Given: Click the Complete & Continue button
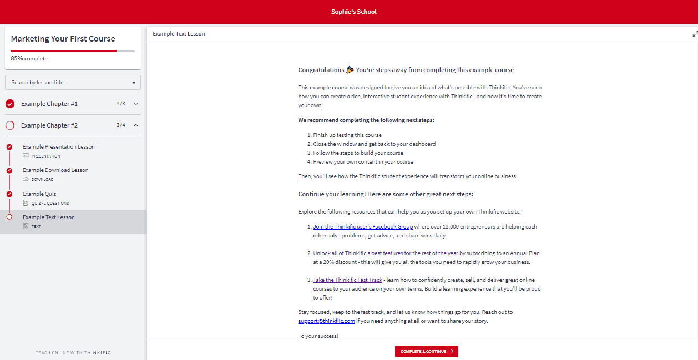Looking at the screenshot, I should point(426,351).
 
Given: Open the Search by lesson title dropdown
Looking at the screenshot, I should point(73,83).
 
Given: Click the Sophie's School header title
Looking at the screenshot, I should point(353,12).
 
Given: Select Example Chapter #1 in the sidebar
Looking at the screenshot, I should point(49,104).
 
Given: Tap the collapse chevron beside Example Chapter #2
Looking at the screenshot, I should point(136,125).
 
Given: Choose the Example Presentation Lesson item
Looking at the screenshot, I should point(59,147).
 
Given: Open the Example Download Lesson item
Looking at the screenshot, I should point(55,170).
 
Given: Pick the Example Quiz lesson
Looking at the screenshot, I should point(39,194).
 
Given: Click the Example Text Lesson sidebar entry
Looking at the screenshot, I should point(49,217).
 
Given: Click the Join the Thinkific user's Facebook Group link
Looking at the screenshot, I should point(363,227).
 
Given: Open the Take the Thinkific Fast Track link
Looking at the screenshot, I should point(347,280).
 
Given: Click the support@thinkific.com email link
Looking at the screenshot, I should point(326,321).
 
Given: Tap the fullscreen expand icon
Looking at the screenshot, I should point(695,34).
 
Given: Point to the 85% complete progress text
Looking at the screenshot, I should point(29,59).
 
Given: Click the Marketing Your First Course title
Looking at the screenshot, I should point(63,39).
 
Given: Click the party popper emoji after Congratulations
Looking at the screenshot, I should point(350,70).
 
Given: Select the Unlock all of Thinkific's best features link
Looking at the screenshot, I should point(386,253).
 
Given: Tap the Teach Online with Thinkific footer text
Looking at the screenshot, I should point(73,353).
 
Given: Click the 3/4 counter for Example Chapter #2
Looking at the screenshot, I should point(120,125).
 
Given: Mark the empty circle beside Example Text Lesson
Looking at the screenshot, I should point(9,217).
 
